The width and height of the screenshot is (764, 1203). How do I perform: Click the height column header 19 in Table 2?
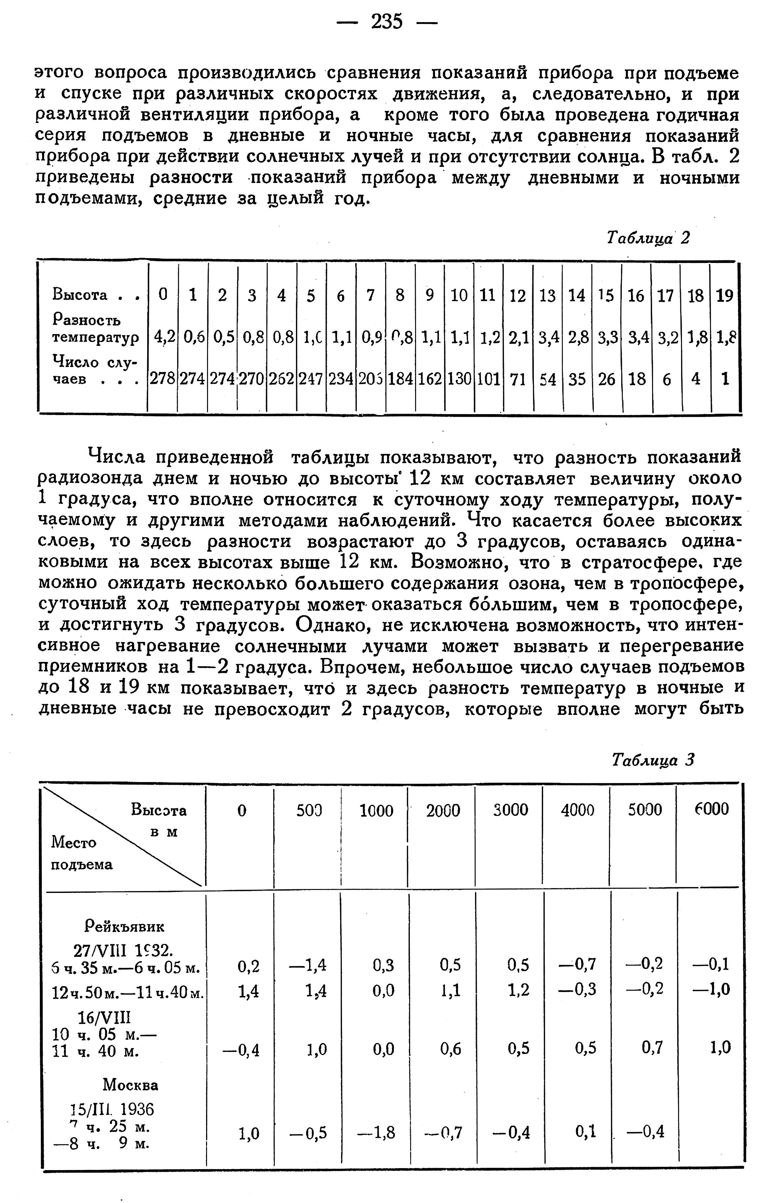(724, 296)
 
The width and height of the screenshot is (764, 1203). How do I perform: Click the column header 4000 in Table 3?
(577, 809)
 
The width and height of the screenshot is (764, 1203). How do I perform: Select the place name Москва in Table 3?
(130, 1085)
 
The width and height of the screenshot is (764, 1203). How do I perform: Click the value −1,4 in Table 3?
(308, 965)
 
